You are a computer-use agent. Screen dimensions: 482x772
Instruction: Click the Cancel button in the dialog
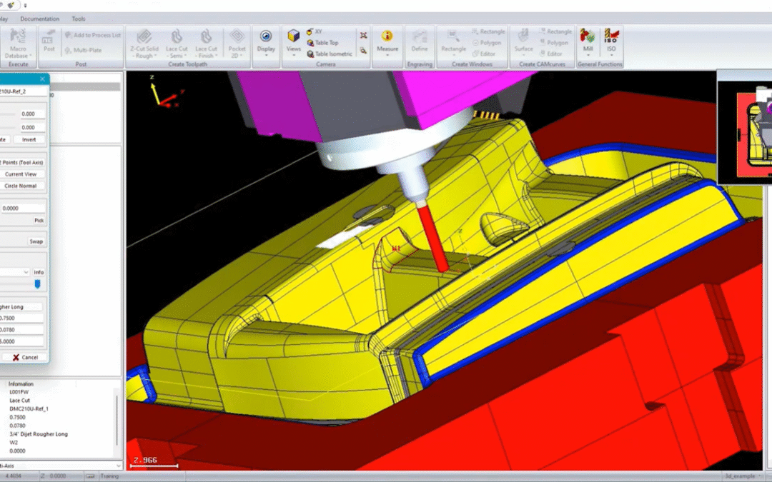click(x=24, y=357)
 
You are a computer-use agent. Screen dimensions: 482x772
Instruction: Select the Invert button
click(x=29, y=139)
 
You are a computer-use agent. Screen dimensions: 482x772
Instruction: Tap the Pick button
click(x=39, y=221)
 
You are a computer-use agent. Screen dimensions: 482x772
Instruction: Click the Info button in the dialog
click(x=39, y=272)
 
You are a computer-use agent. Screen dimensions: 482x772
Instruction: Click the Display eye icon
click(x=266, y=37)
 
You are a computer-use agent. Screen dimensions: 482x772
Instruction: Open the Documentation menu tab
click(x=40, y=19)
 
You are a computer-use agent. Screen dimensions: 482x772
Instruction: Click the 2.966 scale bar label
click(x=147, y=460)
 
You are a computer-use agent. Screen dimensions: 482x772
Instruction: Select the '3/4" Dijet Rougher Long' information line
click(x=39, y=434)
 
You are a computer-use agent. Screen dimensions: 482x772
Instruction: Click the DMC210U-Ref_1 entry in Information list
click(x=29, y=409)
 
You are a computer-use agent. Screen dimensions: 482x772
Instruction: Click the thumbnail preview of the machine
click(x=744, y=126)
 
